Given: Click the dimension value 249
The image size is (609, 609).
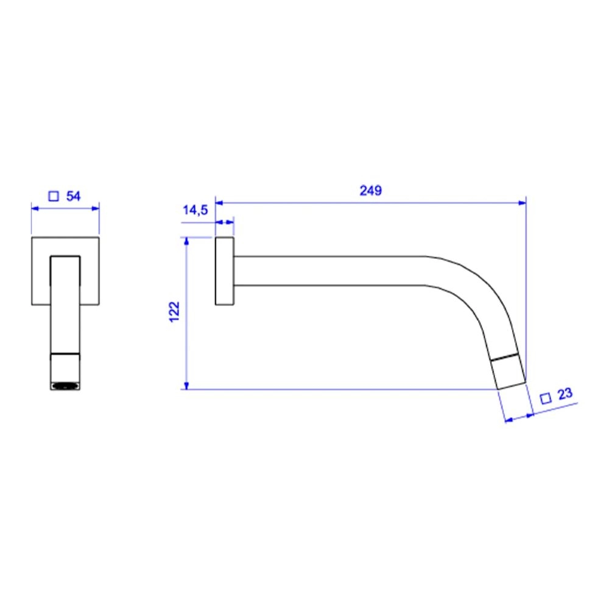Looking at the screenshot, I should pos(370,191).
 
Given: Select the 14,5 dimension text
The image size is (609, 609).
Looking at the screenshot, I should pos(195,211).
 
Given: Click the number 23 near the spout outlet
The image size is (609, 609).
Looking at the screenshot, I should pos(565,395).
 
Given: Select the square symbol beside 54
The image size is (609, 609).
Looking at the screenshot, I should pos(54,196).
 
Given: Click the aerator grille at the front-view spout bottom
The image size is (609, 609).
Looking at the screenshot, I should pos(65,385).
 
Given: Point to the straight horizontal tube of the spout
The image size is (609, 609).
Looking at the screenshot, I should pos(329,270).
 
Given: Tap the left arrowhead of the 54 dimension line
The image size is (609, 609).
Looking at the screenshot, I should pos(34,208).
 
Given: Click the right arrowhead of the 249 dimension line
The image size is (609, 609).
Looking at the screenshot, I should pos(522,202).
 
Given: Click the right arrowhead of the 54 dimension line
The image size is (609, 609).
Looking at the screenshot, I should pos(96,208).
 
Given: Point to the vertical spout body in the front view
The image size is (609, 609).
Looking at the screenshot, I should pos(65,304).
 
